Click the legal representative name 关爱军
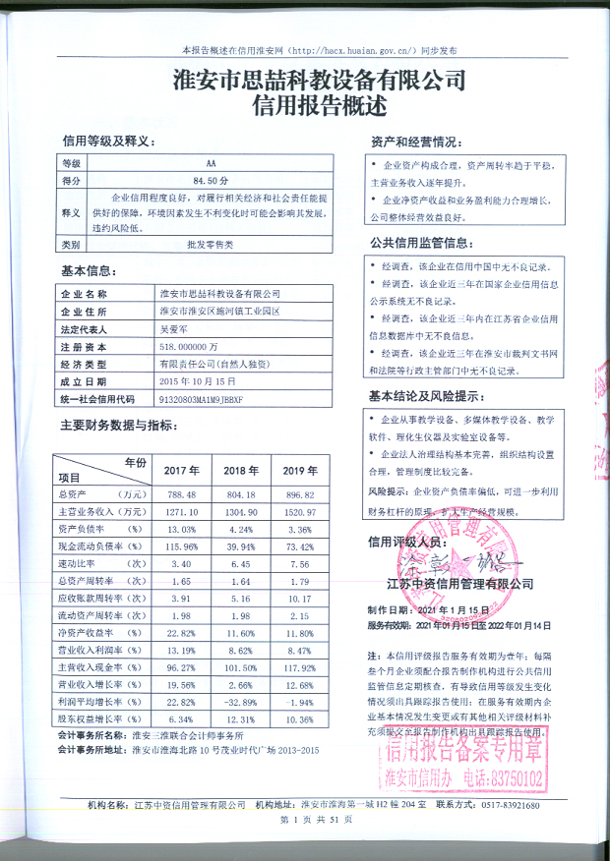pyautogui.click(x=172, y=330)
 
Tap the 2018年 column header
pyautogui.click(x=240, y=469)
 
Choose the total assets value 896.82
pyautogui.click(x=300, y=493)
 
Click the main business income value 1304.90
pyautogui.click(x=240, y=512)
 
